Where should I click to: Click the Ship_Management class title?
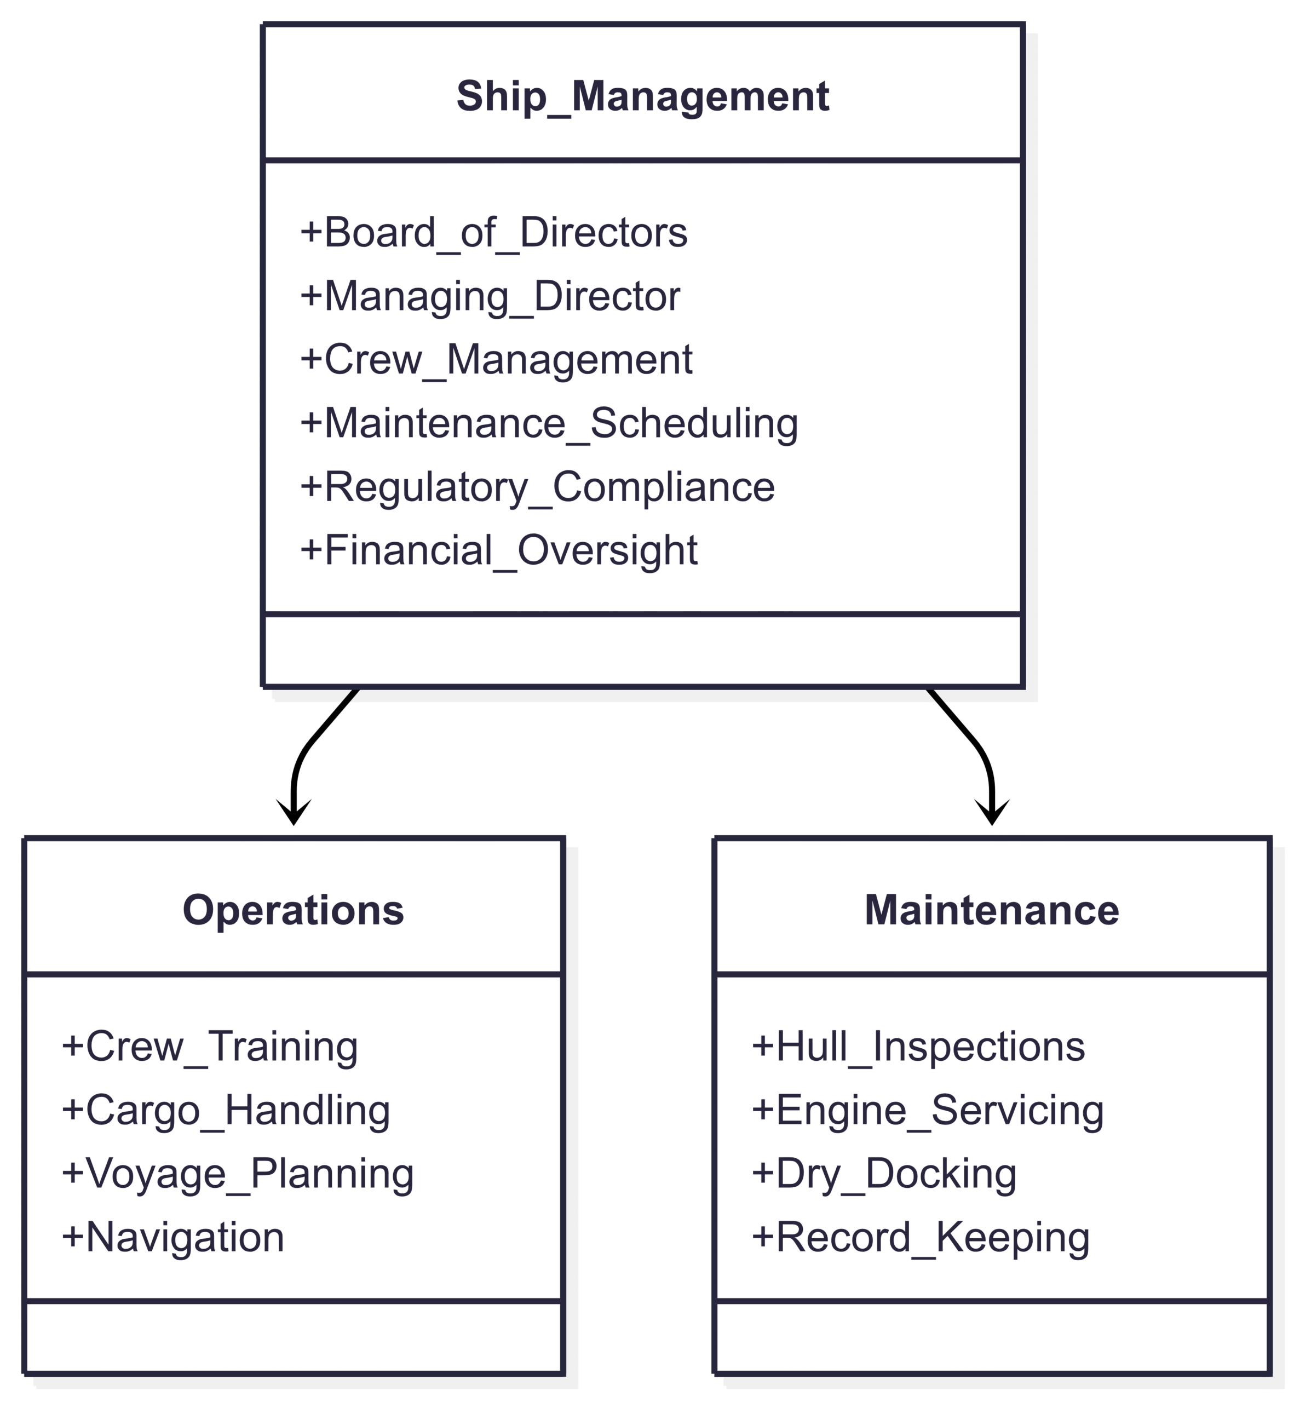(x=643, y=96)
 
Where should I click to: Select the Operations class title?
(x=294, y=910)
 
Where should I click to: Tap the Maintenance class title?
(x=992, y=910)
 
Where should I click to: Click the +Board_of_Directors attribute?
(x=493, y=233)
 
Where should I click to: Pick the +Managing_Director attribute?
(x=490, y=296)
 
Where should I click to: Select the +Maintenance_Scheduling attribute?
(x=549, y=424)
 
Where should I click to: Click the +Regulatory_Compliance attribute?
(x=538, y=487)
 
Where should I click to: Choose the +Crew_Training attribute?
(x=210, y=1047)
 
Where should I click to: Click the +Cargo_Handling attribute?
(x=226, y=1111)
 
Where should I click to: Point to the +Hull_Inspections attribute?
(x=918, y=1047)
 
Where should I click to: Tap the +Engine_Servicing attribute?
(x=928, y=1111)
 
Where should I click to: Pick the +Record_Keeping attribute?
(x=921, y=1238)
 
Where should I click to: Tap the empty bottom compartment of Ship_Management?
(x=643, y=651)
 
